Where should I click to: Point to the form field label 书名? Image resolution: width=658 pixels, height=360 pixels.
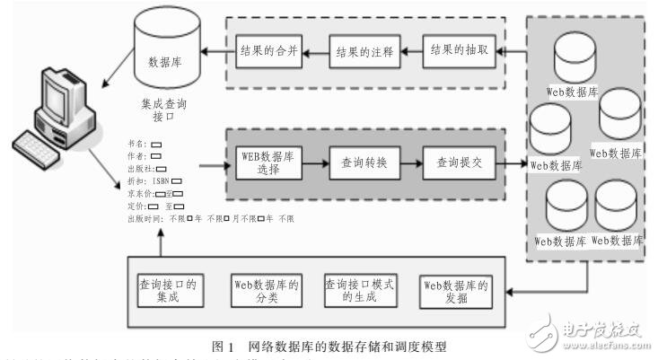tap(137, 143)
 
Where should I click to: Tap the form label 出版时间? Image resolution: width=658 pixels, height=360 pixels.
tap(145, 217)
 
